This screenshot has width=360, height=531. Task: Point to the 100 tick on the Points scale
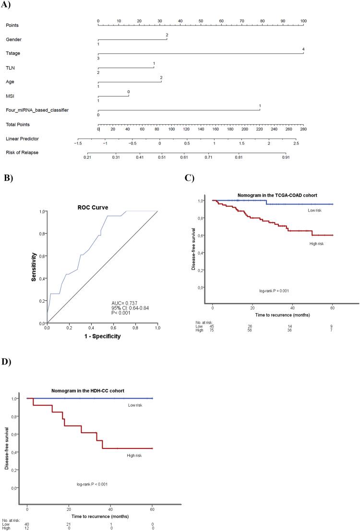click(303, 21)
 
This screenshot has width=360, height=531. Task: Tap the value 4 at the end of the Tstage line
click(303, 49)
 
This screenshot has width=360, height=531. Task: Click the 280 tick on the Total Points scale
click(303, 129)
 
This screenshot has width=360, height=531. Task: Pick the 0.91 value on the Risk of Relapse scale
click(286, 157)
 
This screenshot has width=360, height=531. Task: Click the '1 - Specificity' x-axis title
click(102, 337)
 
